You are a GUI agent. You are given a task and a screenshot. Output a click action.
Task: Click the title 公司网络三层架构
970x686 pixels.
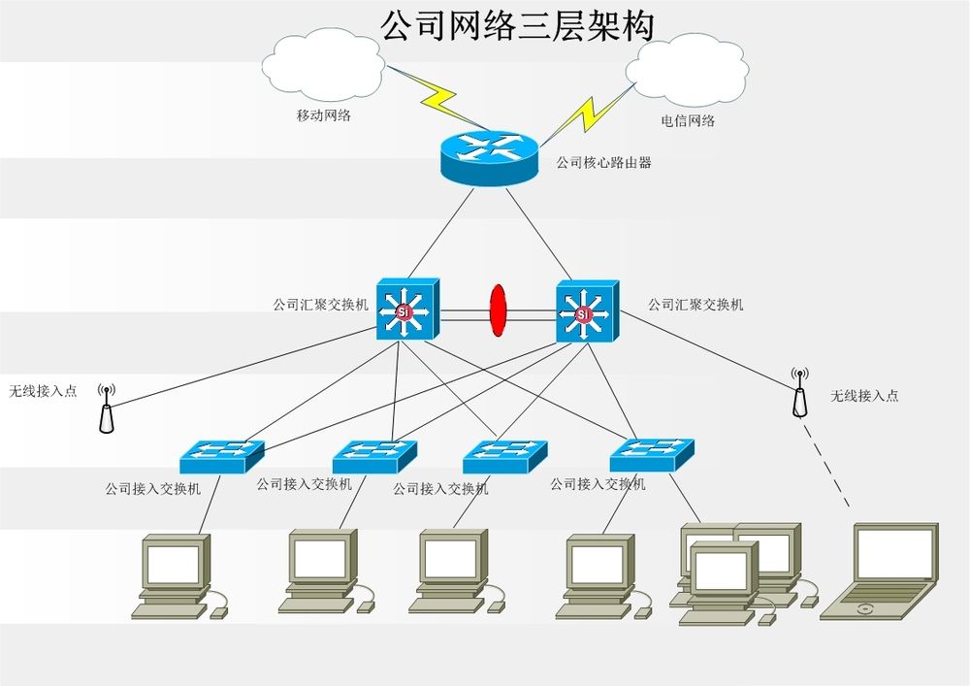pyautogui.click(x=517, y=25)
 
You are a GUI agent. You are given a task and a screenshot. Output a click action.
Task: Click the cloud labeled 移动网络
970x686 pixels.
pyautogui.click(x=323, y=68)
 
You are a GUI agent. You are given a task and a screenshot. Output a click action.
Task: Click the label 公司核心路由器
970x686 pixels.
pyautogui.click(x=603, y=163)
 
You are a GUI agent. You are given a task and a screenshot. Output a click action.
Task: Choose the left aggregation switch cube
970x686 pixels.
pyautogui.click(x=407, y=309)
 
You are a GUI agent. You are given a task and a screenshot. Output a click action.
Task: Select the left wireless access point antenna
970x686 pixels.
pyautogui.click(x=107, y=408)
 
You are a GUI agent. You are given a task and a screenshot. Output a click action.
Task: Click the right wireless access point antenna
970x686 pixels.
pyautogui.click(x=799, y=392)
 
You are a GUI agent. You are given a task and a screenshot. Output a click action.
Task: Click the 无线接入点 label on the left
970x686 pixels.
pyautogui.click(x=43, y=392)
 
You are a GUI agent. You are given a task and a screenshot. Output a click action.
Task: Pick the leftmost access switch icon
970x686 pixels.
pyautogui.click(x=221, y=455)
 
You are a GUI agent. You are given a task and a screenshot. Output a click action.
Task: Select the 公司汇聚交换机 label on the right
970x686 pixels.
pyautogui.click(x=695, y=305)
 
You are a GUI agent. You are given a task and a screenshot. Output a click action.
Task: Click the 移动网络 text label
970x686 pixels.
pyautogui.click(x=323, y=115)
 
